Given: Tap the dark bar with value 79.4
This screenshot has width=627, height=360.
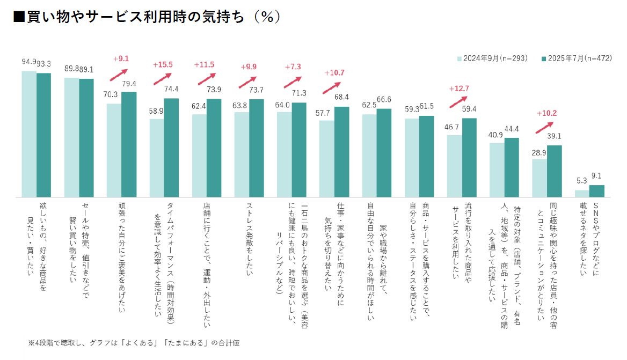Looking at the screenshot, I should [x=129, y=144].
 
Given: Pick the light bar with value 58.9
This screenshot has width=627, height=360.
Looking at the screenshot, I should [x=157, y=158].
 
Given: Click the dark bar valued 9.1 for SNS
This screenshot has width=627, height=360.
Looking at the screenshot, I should [x=597, y=191].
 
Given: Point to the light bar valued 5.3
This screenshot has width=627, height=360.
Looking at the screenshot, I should [x=582, y=194].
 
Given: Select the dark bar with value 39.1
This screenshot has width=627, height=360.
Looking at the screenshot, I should [x=554, y=171].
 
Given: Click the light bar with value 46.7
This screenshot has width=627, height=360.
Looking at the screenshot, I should [x=455, y=166].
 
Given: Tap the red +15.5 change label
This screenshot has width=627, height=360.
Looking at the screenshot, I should [x=163, y=65].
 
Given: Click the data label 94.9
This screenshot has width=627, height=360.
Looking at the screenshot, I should [x=29, y=62].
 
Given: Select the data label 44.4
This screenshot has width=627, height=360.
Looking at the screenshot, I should [x=511, y=129].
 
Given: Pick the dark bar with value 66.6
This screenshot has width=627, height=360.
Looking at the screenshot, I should [x=384, y=153].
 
